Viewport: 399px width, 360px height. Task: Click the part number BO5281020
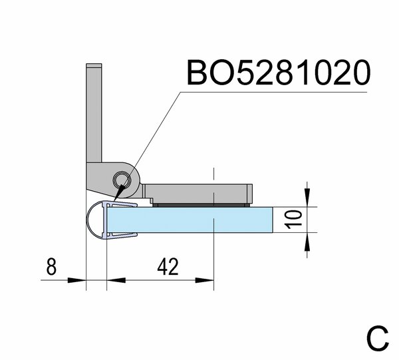point(279,73)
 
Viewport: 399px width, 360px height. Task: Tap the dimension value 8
point(51,266)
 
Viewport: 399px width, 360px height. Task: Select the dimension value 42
point(168,266)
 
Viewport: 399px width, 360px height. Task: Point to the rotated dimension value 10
point(293,219)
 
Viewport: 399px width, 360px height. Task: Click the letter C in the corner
point(378,338)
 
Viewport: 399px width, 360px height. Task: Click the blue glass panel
point(190,220)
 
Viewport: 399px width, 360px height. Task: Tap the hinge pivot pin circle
point(122,180)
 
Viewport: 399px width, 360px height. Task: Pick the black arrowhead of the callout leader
point(120,192)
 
